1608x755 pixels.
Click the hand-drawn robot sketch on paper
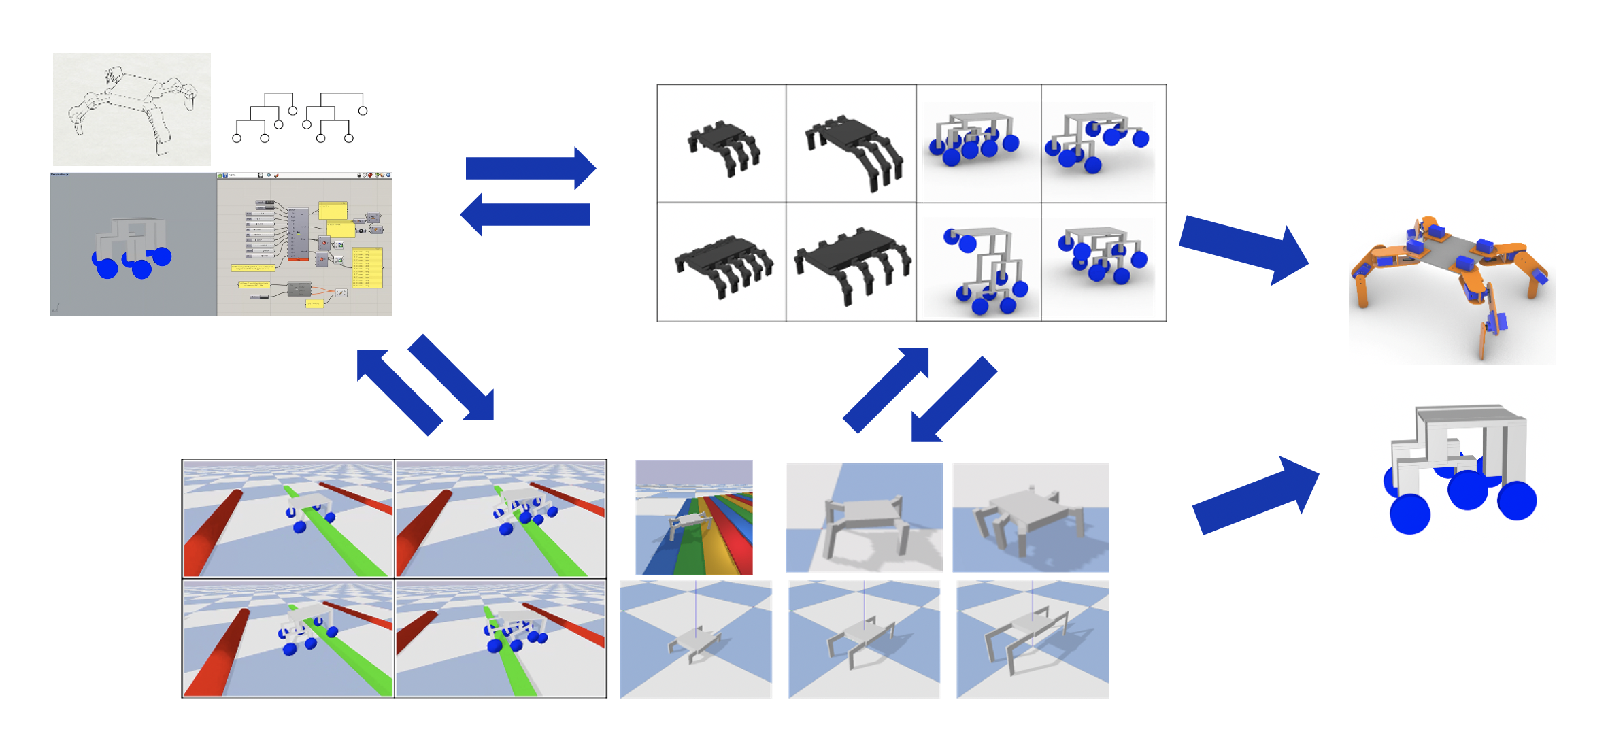131,109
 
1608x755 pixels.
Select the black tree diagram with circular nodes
300,117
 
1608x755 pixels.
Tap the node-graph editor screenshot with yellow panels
304,244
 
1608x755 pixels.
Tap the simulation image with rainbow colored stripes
694,518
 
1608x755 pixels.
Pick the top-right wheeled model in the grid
1102,143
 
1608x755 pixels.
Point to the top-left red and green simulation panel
288,518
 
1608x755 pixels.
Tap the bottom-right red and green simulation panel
501,638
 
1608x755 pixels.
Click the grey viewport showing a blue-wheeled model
133,244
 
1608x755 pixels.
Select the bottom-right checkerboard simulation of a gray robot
1032,639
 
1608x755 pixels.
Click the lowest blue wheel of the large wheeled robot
1409,515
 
